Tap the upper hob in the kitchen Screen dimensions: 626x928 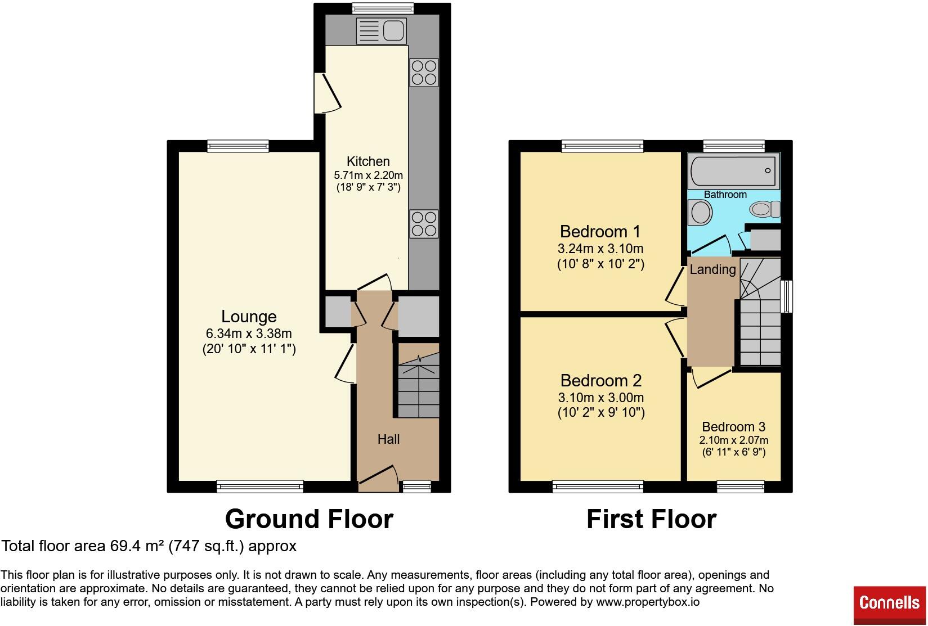pyautogui.click(x=424, y=73)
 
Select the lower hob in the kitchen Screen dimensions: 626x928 pyautogui.click(x=424, y=223)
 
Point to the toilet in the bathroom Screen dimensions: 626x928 pyautogui.click(x=765, y=209)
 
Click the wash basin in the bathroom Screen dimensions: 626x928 pyautogui.click(x=701, y=213)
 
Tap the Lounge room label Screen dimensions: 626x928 pyautogui.click(x=249, y=317)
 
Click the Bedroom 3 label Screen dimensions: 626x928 pyautogui.click(x=733, y=427)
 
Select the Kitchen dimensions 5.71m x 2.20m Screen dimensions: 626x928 pyautogui.click(x=368, y=175)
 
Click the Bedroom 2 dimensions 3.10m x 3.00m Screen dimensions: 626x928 pyautogui.click(x=600, y=398)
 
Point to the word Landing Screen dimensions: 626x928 pyautogui.click(x=712, y=269)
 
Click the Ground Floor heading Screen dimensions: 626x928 pyautogui.click(x=309, y=519)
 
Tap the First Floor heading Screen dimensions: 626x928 pyautogui.click(x=651, y=519)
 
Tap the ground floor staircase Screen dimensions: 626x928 pyautogui.click(x=419, y=388)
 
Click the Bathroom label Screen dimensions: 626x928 pyautogui.click(x=725, y=195)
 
